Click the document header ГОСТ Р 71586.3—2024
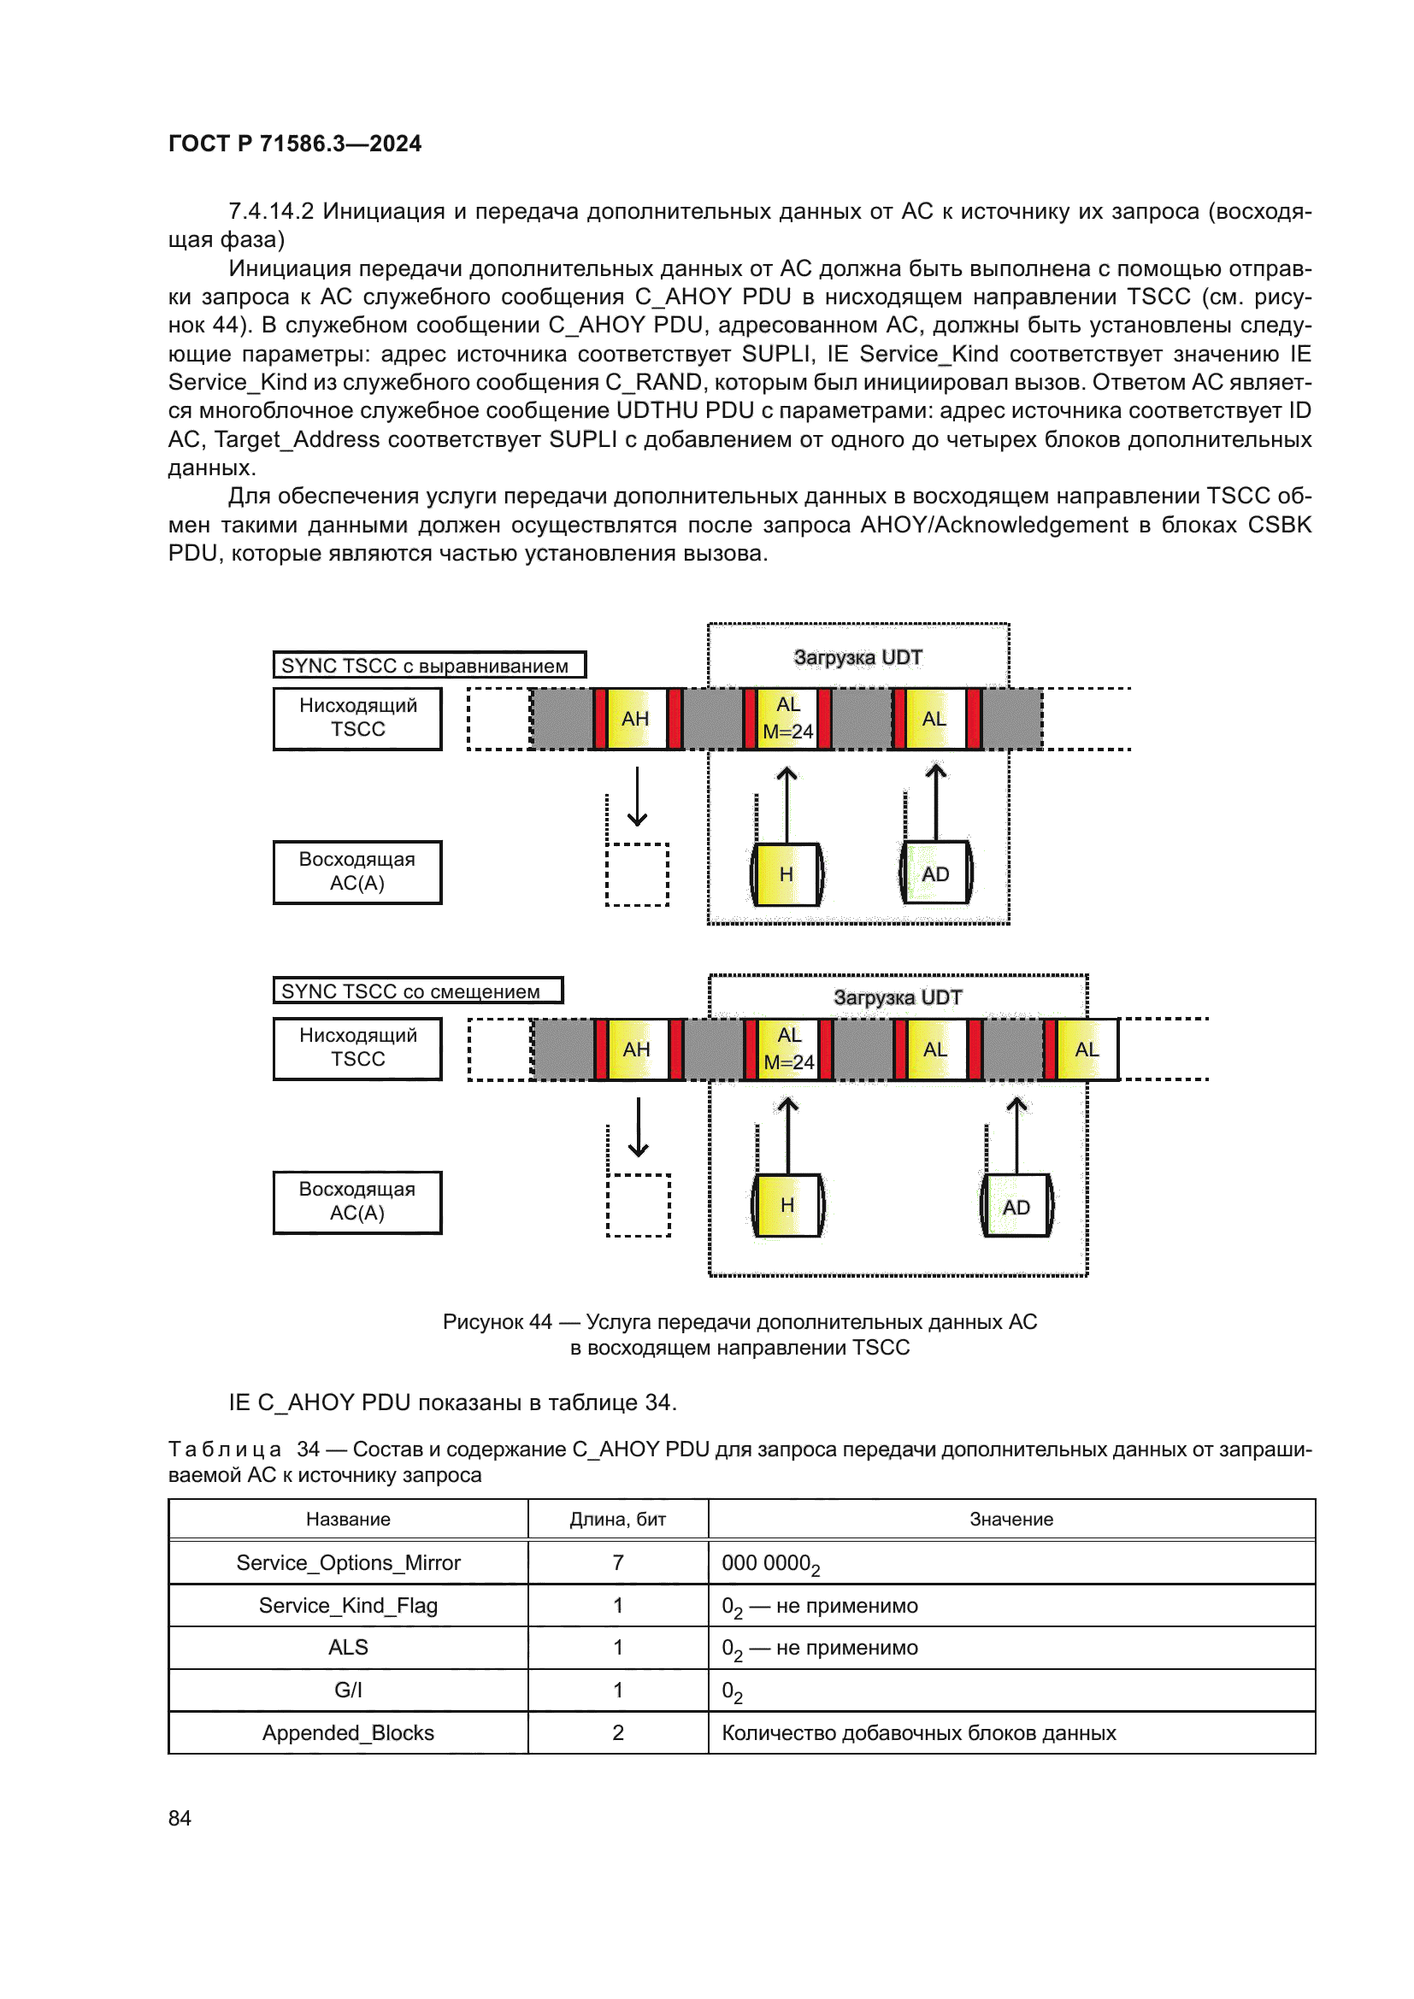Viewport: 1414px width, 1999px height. [x=294, y=144]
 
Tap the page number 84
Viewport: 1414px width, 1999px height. [x=180, y=1817]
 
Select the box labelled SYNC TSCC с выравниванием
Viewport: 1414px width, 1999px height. [x=429, y=665]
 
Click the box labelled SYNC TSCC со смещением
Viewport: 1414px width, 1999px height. [x=418, y=991]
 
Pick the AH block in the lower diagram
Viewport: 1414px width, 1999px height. [x=638, y=1049]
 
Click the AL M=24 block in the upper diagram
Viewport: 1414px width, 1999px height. [x=788, y=718]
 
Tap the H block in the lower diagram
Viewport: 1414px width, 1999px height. [x=787, y=1205]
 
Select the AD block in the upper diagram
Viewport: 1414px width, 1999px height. [x=936, y=873]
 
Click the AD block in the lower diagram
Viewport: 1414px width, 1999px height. [x=1016, y=1206]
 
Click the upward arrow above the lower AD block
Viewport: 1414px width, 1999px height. [x=1016, y=1134]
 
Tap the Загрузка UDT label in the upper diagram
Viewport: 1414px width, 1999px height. [x=857, y=657]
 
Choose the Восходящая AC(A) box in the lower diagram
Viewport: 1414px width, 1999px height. [x=358, y=1202]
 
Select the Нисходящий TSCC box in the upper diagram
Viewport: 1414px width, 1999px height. [x=358, y=718]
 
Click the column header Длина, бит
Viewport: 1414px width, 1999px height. [x=618, y=1520]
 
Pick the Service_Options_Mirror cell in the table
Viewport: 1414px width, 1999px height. [x=348, y=1563]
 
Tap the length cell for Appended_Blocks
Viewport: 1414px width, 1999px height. [x=618, y=1732]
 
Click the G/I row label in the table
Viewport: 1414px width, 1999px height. [x=348, y=1690]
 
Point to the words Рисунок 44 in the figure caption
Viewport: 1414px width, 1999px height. [x=498, y=1321]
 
